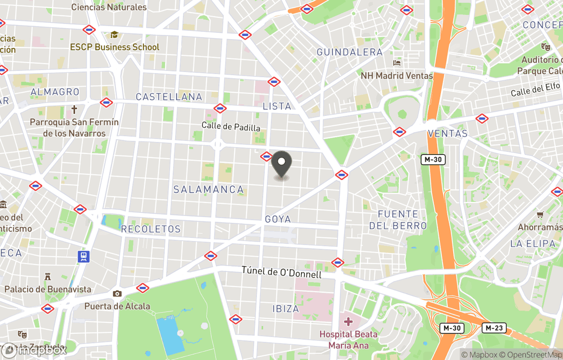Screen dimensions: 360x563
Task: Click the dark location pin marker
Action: point(281,163)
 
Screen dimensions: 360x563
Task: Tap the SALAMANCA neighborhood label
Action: point(209,189)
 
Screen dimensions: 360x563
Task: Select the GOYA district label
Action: point(278,219)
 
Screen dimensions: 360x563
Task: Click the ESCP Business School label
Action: point(115,47)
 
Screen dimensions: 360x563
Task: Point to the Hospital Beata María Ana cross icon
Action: point(348,321)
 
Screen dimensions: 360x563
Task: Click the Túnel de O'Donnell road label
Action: point(281,272)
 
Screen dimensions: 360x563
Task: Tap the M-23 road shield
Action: point(493,328)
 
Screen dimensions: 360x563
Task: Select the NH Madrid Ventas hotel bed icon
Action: point(397,63)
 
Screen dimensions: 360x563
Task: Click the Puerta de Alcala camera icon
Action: point(117,294)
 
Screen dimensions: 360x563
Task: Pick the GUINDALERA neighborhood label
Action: point(349,52)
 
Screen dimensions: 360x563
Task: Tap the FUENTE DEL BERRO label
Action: point(398,220)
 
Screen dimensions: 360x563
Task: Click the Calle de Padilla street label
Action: point(231,126)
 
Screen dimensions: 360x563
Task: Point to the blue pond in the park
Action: point(170,334)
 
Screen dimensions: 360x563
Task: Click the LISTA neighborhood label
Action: point(277,106)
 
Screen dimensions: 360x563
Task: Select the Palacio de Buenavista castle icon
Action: point(47,276)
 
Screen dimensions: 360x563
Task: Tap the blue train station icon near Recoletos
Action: point(83,256)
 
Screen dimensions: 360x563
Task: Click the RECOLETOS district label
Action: point(151,229)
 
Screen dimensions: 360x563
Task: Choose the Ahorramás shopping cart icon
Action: point(540,214)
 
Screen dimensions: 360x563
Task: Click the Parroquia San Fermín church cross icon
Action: point(74,110)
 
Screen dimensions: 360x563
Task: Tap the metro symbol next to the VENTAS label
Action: point(399,131)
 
